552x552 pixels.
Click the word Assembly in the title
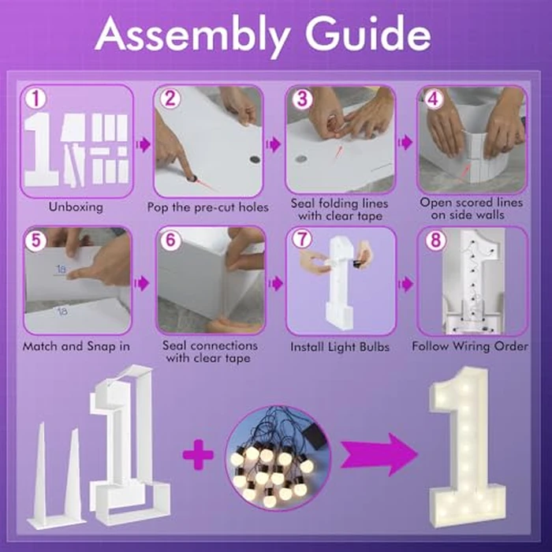point(192,36)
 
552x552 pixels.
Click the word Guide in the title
point(368,34)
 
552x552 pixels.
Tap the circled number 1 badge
point(35,99)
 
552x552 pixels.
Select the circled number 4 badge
point(433,99)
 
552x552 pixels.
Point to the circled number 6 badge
point(170,240)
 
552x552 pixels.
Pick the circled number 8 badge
point(435,241)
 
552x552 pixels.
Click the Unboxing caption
point(76,207)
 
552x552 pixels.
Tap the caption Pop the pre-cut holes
point(207,207)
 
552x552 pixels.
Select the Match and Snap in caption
point(76,346)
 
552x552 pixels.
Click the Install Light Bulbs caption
point(340,347)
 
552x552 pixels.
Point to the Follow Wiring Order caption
point(470,346)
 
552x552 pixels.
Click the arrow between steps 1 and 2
point(143,144)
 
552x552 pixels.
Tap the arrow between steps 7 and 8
point(406,284)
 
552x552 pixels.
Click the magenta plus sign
point(198,454)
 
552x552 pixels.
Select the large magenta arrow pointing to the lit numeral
point(379,454)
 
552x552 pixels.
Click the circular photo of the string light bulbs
point(278,458)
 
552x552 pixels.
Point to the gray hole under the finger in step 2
point(192,177)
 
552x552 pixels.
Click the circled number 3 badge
point(302,99)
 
